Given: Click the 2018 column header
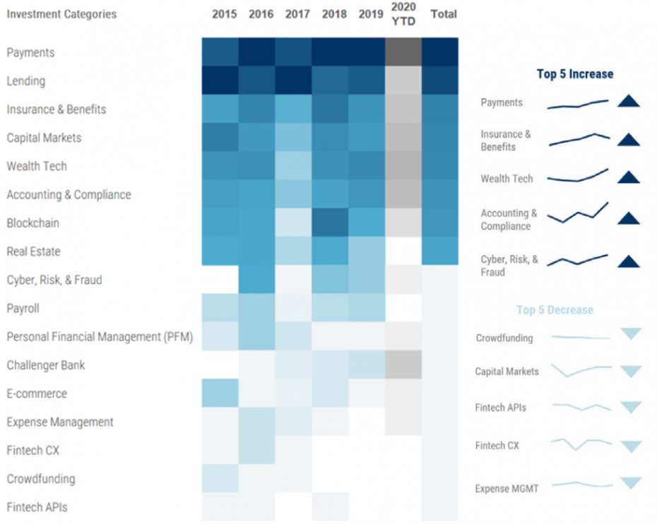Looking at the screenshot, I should (x=333, y=14).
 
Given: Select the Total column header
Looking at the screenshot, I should (x=443, y=14).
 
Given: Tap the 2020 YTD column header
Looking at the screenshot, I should (x=403, y=14).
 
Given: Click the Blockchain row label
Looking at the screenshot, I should (x=32, y=223).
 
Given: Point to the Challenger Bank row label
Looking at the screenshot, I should (x=46, y=365).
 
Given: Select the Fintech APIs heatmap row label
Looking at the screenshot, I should (x=37, y=507).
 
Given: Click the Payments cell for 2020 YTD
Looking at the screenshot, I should (x=403, y=52).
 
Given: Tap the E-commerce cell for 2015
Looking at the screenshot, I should (x=220, y=393).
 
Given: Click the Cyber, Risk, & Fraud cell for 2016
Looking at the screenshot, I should (x=257, y=280).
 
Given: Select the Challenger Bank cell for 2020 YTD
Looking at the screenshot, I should (x=403, y=365).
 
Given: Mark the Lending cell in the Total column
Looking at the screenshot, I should (x=440, y=81).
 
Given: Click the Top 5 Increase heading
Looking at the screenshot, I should (x=575, y=74).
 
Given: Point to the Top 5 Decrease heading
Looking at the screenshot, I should (x=555, y=310).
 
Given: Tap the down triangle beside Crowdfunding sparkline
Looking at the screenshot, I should (x=630, y=334).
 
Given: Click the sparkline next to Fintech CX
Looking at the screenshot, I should (x=581, y=444).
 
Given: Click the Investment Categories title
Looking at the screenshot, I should (x=62, y=14).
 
